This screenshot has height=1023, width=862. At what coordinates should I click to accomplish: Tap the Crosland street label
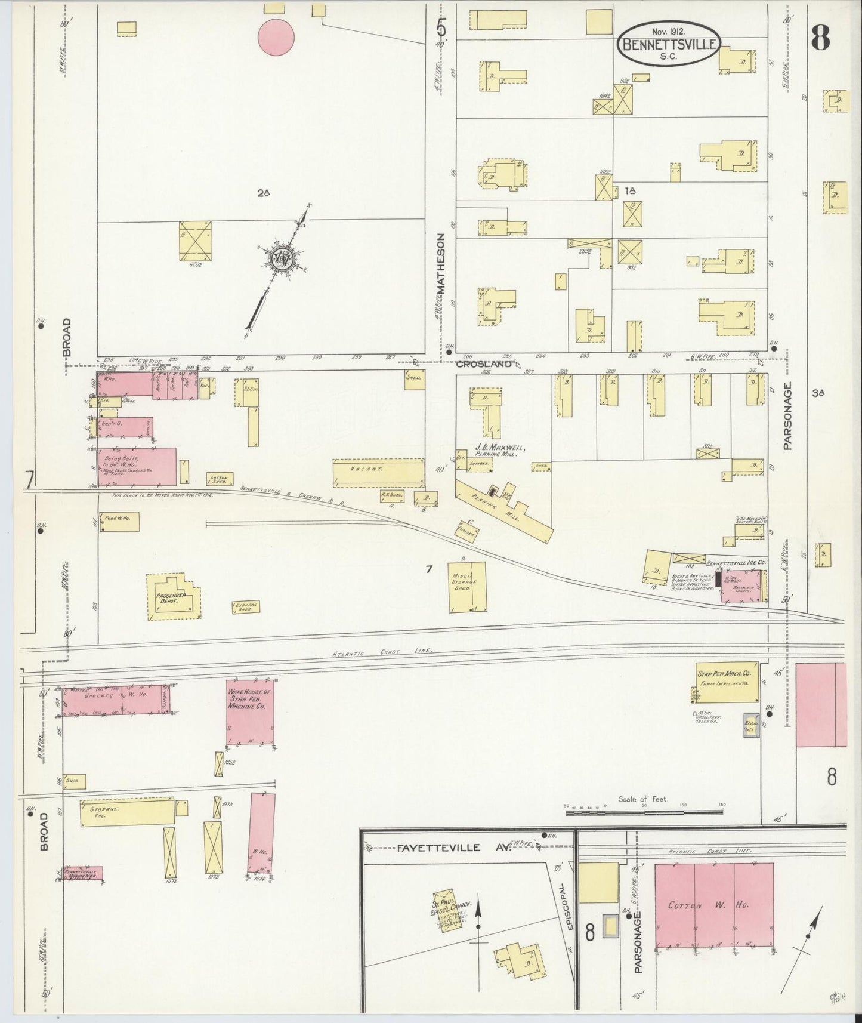click(x=484, y=363)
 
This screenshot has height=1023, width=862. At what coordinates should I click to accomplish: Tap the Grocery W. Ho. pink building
click(x=116, y=699)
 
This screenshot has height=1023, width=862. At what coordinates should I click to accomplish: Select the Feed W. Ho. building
click(x=119, y=522)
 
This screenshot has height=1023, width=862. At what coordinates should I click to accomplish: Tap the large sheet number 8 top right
click(x=820, y=39)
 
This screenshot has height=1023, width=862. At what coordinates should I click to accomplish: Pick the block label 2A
click(x=264, y=193)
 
